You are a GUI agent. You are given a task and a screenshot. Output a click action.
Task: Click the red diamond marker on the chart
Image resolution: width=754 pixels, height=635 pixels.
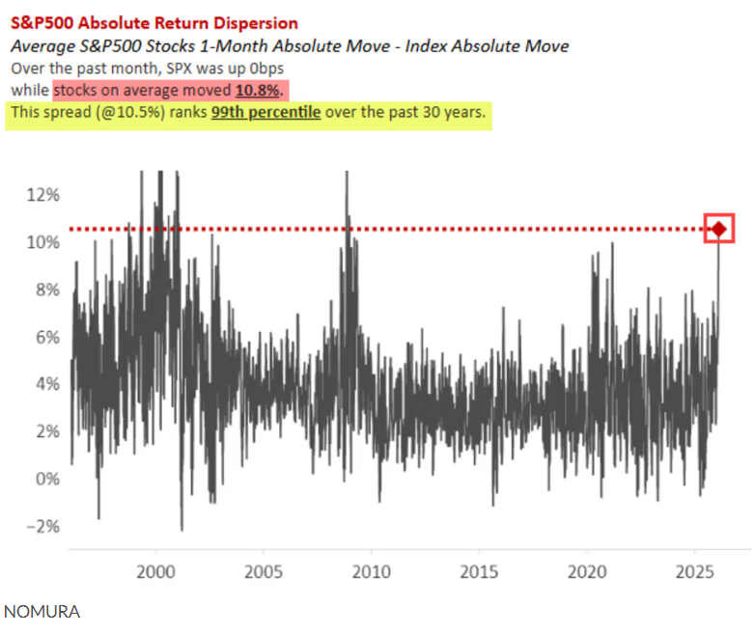(719, 229)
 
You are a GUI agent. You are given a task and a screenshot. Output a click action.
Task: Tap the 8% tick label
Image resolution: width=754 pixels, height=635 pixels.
(43, 289)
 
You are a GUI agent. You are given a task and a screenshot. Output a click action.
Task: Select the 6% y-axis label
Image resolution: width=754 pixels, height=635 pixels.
(43, 336)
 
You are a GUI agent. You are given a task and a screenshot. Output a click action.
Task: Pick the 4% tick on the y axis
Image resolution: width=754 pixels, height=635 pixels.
(43, 383)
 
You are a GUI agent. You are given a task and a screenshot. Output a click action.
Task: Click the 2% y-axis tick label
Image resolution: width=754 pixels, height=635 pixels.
(43, 430)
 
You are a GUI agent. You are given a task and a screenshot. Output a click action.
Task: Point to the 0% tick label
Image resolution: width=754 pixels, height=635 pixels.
(43, 478)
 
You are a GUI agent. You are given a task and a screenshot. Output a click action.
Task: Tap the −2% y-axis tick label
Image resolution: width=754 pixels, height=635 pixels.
(41, 526)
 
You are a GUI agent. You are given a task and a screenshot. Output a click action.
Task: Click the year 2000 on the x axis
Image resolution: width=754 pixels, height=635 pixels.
(155, 568)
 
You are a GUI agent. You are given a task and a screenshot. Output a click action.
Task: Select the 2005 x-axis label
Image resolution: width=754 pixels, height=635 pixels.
(264, 568)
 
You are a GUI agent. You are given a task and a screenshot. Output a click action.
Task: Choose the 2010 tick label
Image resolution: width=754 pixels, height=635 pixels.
(372, 568)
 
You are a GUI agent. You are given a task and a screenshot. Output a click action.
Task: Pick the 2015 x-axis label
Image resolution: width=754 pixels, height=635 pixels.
(479, 568)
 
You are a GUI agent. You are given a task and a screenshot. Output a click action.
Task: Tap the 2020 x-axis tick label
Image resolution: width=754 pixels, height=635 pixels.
(587, 568)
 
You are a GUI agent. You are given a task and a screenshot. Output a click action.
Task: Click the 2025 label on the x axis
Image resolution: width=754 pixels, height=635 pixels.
(694, 568)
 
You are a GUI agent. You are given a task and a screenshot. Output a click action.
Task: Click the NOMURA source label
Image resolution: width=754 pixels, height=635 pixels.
(42, 612)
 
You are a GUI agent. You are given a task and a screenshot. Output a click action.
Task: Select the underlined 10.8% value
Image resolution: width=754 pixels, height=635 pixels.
(258, 90)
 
